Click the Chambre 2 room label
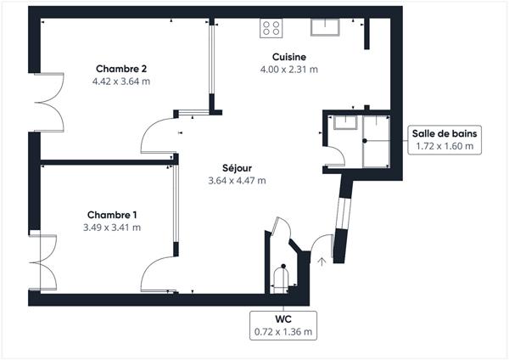[x=121, y=69]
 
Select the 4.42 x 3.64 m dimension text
[x=121, y=82]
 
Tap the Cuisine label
[x=289, y=57]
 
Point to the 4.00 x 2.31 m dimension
[x=289, y=70]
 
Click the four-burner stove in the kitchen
[x=271, y=28]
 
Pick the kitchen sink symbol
[x=325, y=27]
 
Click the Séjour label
[x=237, y=168]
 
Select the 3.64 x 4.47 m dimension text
[x=237, y=180]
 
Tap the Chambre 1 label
[x=112, y=215]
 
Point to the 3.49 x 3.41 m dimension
[x=112, y=228]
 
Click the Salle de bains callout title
[x=445, y=133]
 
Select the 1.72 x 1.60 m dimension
[x=445, y=146]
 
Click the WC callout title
[x=283, y=319]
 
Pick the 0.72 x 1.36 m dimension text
[x=283, y=332]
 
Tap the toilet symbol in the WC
[x=281, y=278]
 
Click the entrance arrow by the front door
[x=322, y=262]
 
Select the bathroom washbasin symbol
[x=345, y=122]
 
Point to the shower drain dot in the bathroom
[x=365, y=141]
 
